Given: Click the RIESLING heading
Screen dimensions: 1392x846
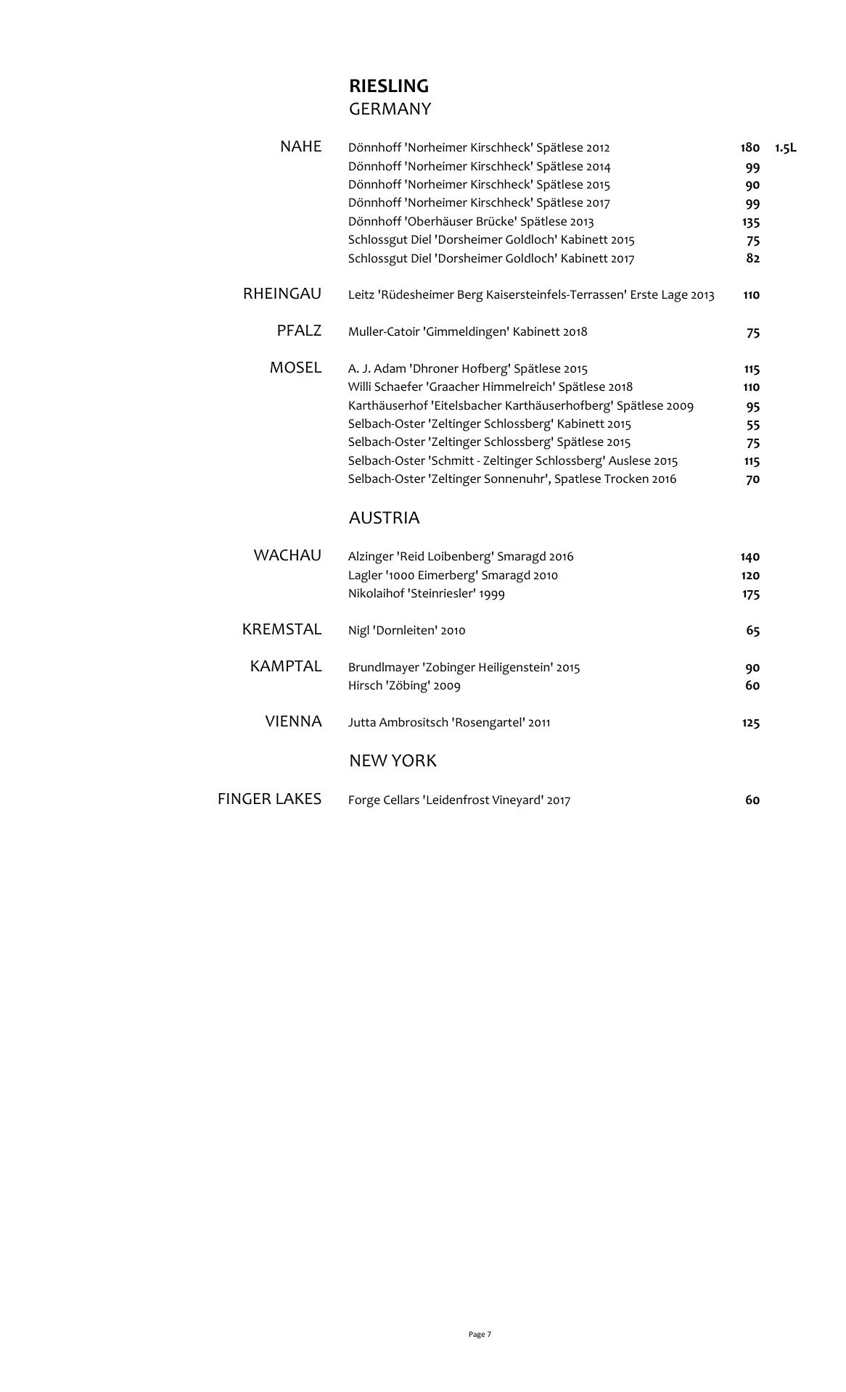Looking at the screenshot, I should pyautogui.click(x=388, y=86).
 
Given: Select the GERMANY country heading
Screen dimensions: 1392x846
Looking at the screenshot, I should pyautogui.click(x=390, y=109).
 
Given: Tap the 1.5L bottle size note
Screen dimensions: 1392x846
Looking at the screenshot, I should pyautogui.click(x=785, y=148).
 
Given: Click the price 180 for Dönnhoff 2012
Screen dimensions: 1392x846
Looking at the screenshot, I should pyautogui.click(x=750, y=148).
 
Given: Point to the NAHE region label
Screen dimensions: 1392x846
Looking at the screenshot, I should pyautogui.click(x=300, y=146).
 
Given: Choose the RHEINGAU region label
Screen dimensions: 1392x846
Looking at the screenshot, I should pyautogui.click(x=282, y=294).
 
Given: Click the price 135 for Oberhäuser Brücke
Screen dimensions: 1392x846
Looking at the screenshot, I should pyautogui.click(x=750, y=222).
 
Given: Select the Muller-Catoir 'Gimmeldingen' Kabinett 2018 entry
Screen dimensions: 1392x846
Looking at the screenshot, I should pyautogui.click(x=467, y=332).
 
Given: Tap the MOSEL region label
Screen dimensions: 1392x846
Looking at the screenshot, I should pyautogui.click(x=295, y=368).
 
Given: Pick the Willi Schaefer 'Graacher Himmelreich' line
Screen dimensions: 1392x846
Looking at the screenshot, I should pyautogui.click(x=490, y=387).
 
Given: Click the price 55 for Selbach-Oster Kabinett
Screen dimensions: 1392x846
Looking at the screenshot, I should pyautogui.click(x=752, y=424).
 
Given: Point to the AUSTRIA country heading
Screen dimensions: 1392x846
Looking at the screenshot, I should pyautogui.click(x=384, y=518).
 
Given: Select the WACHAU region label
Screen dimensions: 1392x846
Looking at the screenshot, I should pyautogui.click(x=287, y=555).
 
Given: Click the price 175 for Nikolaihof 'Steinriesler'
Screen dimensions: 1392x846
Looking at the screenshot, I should pyautogui.click(x=750, y=594).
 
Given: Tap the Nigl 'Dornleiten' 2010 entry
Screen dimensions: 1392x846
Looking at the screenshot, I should pyautogui.click(x=406, y=631).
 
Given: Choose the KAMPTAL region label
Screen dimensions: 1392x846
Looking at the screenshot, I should pyautogui.click(x=285, y=666).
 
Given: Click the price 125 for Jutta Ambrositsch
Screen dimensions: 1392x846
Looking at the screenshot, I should pyautogui.click(x=750, y=723).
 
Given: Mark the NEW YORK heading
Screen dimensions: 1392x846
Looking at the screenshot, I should pyautogui.click(x=393, y=761).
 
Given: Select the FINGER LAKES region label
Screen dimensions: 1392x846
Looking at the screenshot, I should pyautogui.click(x=269, y=799).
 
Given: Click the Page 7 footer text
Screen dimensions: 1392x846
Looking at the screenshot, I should pyautogui.click(x=480, y=1334).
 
